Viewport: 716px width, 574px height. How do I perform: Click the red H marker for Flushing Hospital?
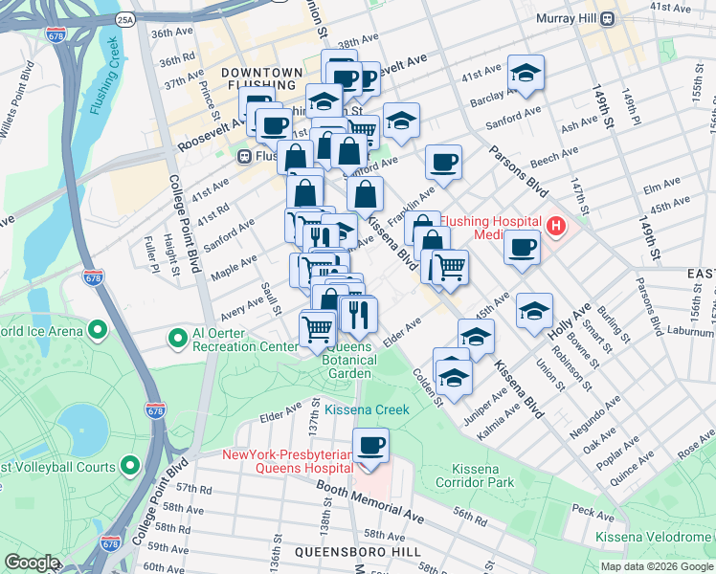click(x=556, y=227)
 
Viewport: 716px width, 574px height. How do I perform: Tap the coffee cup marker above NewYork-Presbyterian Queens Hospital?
click(x=370, y=445)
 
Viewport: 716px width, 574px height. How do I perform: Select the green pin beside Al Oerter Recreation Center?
click(x=177, y=338)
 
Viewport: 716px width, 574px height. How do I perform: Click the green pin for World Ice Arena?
click(x=98, y=331)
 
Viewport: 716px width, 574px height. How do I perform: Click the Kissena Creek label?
click(x=367, y=409)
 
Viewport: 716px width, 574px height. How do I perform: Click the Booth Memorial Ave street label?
click(x=371, y=502)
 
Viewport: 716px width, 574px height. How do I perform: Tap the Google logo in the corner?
click(x=32, y=563)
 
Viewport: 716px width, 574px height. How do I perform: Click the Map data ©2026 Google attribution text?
click(x=656, y=566)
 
